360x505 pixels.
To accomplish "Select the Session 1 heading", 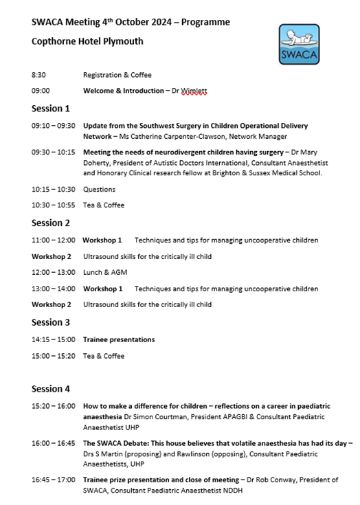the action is [x=51, y=109].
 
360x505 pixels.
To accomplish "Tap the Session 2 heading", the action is [x=51, y=223].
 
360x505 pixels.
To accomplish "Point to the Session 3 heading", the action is [x=51, y=322].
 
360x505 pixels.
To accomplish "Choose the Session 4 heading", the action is [x=51, y=389].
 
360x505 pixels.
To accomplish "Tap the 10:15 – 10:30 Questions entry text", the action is [x=99, y=189].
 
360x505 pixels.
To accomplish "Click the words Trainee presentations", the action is [x=119, y=339].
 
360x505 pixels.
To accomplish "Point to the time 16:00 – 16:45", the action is [x=54, y=444].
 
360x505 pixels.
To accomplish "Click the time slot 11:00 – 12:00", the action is [x=54, y=240].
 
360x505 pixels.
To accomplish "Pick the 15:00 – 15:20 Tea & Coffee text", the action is [x=104, y=356].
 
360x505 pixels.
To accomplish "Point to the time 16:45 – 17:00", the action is [x=54, y=481].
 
